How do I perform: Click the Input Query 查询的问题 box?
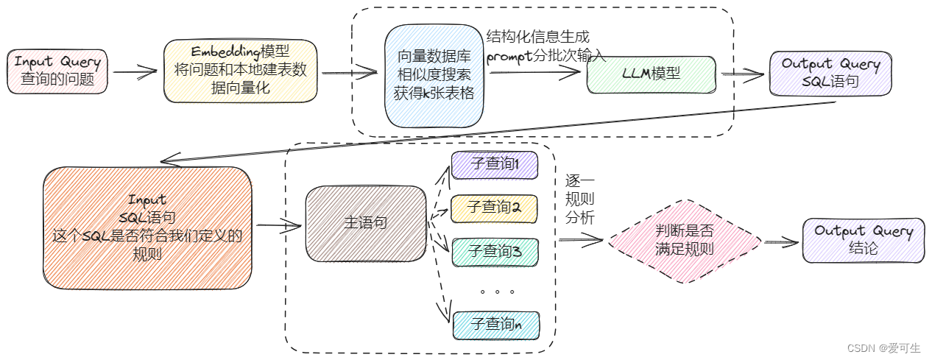point(57,71)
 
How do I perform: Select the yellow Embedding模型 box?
point(240,71)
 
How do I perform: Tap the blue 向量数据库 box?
point(434,76)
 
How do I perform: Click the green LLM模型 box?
point(651,74)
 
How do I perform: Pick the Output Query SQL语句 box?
point(830,74)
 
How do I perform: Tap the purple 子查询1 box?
point(494,164)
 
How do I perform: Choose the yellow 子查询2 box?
point(494,208)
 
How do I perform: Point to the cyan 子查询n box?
point(494,324)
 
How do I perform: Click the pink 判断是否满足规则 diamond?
point(684,241)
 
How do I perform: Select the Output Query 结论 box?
point(863,240)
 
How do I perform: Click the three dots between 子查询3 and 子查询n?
point(497,292)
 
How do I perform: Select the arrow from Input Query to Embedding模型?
point(135,72)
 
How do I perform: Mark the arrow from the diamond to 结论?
point(782,241)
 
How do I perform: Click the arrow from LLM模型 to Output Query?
point(744,73)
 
